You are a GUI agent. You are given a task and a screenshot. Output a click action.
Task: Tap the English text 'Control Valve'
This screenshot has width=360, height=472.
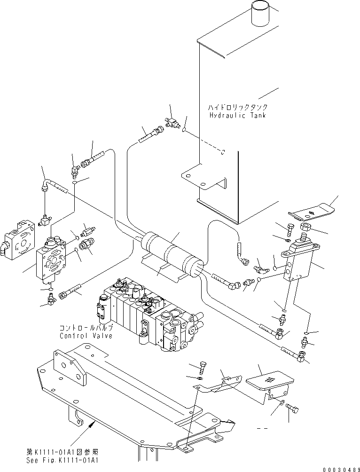point(86,336)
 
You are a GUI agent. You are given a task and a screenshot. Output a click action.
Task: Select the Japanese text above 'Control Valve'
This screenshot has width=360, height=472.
point(86,328)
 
